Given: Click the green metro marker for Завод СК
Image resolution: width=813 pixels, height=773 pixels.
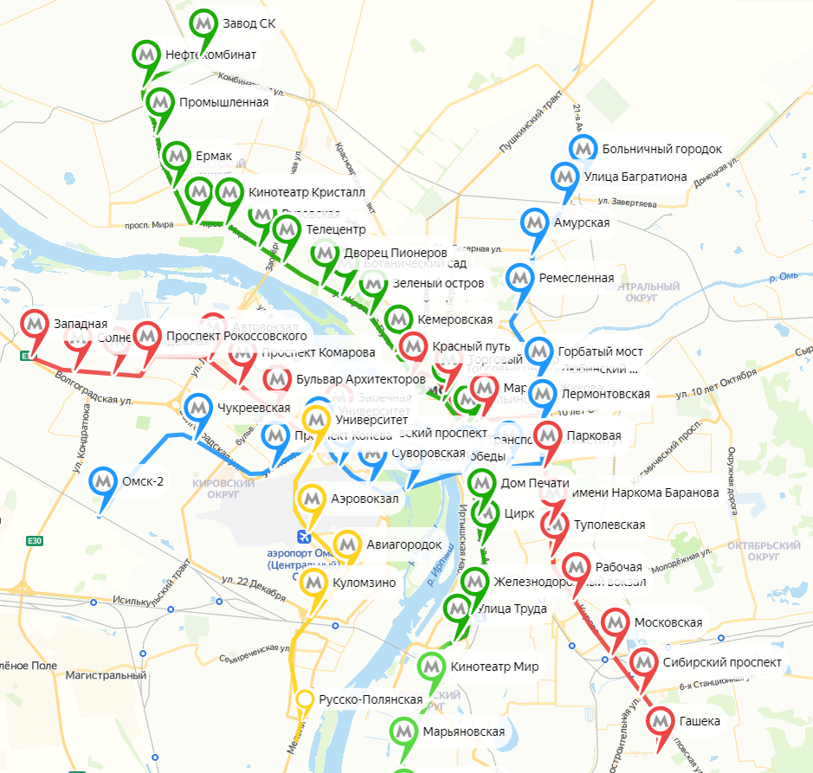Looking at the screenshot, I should point(204,23).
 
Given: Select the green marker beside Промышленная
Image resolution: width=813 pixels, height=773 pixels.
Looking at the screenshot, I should point(160,102).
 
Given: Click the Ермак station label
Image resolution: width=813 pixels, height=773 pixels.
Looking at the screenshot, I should point(215,156).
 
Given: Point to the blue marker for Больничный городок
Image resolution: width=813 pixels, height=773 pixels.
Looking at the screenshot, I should point(584,149).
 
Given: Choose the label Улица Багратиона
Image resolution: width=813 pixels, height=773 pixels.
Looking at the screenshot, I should point(636,177).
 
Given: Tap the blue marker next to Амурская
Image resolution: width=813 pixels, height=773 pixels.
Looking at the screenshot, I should point(535,223).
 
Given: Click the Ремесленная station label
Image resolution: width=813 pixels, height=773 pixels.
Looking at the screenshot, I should point(576,278).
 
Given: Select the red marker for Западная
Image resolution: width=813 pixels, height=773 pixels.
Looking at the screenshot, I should point(35,324).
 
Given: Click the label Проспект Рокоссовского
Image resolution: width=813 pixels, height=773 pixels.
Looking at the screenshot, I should point(236,336).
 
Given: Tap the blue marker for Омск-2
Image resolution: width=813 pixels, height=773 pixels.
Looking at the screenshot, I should point(105,480).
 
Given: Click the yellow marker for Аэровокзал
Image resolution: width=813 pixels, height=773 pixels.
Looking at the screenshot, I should point(313,499).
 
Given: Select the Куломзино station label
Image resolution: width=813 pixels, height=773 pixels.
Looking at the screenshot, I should point(364,583).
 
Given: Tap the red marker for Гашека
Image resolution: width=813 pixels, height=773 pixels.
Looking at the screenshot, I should point(661,721).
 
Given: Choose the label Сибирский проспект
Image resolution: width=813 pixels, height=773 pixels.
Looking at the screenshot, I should point(722,663).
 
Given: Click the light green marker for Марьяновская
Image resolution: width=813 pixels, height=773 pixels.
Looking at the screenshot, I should point(403,731).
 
